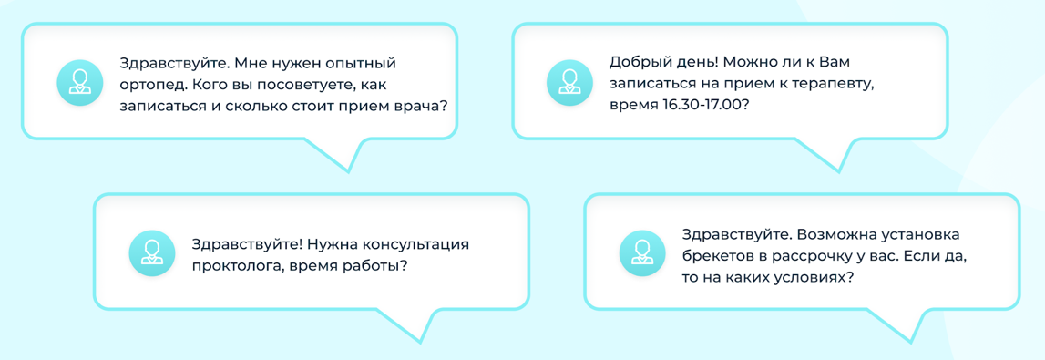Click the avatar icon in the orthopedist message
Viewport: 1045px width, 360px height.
click(x=79, y=84)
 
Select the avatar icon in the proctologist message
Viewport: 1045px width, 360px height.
click(x=151, y=254)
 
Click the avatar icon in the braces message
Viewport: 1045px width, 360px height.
click(x=642, y=254)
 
